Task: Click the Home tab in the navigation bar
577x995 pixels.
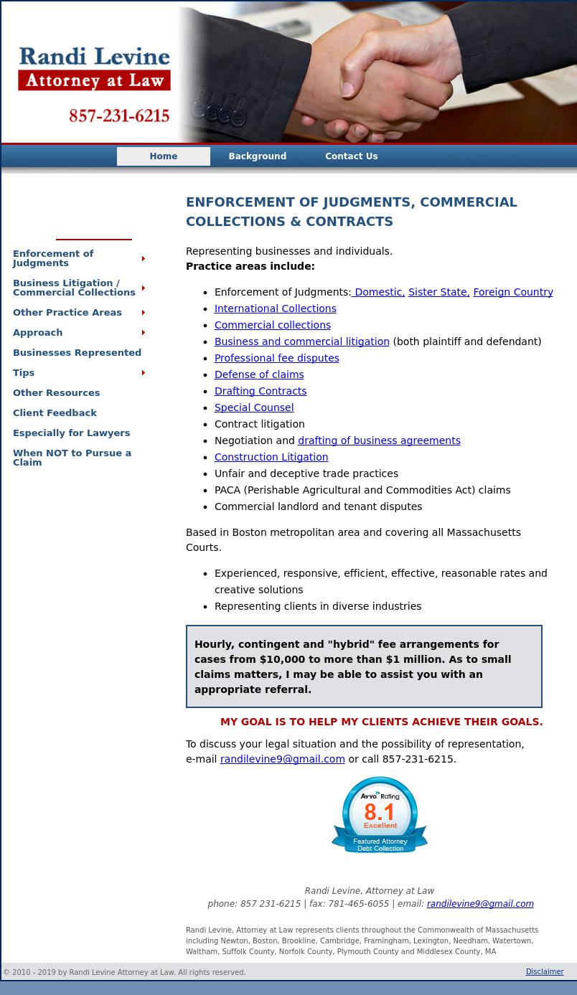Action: point(164,156)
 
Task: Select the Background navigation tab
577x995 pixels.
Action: point(257,156)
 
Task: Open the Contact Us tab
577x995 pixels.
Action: point(351,156)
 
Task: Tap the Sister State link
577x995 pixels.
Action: point(438,292)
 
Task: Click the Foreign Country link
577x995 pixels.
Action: point(512,292)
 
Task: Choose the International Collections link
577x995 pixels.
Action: point(275,308)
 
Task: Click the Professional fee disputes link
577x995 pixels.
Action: point(276,358)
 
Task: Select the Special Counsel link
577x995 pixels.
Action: point(253,407)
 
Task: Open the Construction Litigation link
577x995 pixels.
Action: point(271,457)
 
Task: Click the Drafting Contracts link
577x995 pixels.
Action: point(260,391)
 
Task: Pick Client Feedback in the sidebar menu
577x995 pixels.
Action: point(55,413)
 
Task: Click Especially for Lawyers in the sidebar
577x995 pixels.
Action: point(71,433)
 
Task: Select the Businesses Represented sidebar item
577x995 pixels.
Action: point(77,353)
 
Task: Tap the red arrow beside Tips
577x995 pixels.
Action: point(144,373)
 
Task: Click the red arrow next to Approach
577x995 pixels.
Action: point(144,333)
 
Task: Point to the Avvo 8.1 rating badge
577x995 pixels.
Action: point(380,815)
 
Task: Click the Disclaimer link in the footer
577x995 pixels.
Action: point(545,972)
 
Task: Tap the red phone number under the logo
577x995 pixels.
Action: point(119,115)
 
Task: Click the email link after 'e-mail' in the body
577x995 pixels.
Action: point(282,759)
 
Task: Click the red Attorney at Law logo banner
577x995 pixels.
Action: point(95,80)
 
